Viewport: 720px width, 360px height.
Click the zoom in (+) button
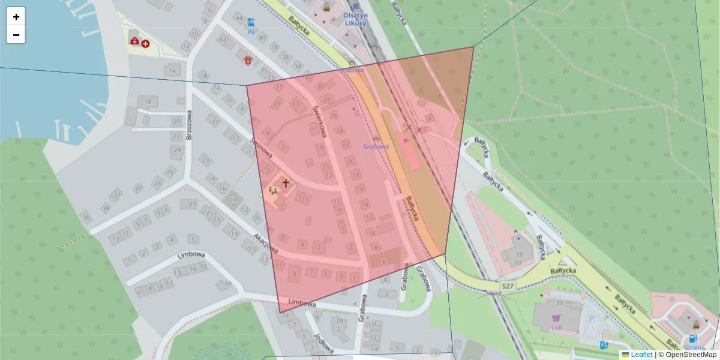(x=16, y=17)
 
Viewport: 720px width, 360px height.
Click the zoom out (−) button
(x=16, y=35)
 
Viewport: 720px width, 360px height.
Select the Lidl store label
(x=555, y=328)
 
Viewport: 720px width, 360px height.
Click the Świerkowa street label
(x=319, y=119)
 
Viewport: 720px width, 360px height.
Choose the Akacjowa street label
(x=265, y=242)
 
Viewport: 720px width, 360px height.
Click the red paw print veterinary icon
(x=247, y=59)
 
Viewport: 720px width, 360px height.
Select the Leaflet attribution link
(x=641, y=355)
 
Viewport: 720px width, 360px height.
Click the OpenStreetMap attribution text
(x=691, y=355)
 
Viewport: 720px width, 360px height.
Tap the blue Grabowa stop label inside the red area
(x=376, y=146)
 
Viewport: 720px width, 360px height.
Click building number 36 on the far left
(x=86, y=217)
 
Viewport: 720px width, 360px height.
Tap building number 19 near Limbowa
(x=227, y=284)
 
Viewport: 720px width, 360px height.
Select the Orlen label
(x=694, y=347)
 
